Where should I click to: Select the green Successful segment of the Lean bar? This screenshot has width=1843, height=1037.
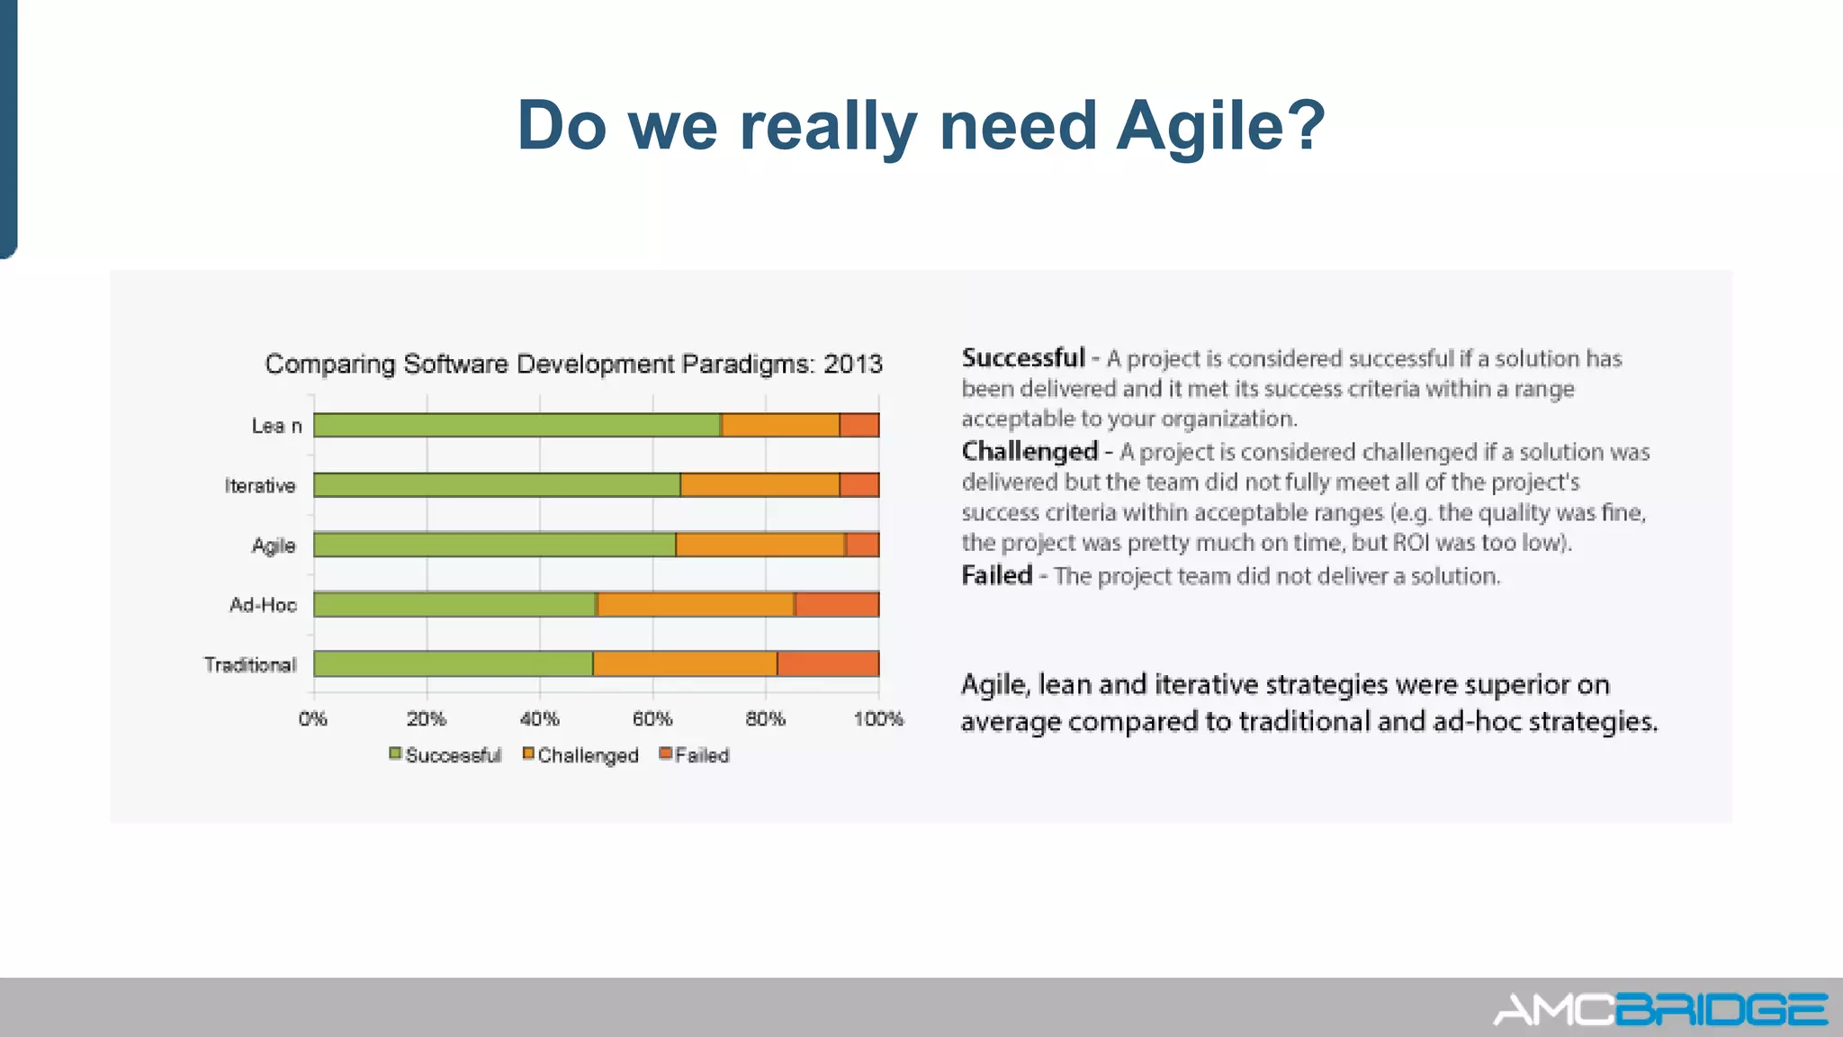click(517, 425)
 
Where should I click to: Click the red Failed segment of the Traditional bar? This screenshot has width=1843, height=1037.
click(828, 663)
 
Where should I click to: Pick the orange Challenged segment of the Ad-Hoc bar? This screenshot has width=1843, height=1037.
click(696, 604)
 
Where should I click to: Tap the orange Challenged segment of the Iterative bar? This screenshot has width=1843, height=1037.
click(760, 484)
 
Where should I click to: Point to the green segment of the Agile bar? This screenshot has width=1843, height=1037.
click(494, 545)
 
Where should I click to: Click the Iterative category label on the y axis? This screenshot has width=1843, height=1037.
click(260, 486)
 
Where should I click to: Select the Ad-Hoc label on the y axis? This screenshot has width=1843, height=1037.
click(263, 605)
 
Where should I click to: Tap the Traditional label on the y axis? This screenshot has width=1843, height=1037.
click(250, 665)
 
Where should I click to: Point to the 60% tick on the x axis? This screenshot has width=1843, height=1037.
click(652, 719)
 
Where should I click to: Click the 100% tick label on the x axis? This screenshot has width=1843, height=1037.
click(878, 719)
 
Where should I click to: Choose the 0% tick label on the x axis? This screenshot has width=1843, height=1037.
click(313, 719)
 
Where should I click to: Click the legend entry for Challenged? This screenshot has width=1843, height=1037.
click(580, 755)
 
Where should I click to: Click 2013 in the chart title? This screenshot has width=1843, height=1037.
click(852, 365)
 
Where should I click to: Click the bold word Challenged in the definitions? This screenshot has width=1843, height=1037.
click(1029, 451)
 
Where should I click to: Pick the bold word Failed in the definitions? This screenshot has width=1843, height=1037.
click(996, 575)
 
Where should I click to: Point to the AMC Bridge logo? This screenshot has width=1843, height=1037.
click(1660, 1009)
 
